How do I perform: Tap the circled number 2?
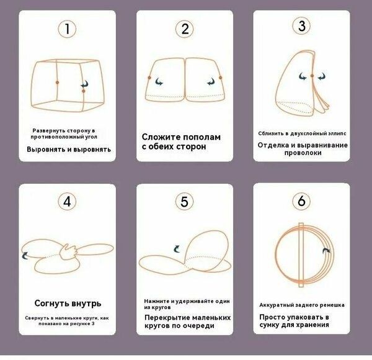point(184,29)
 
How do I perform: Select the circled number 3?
point(302,25)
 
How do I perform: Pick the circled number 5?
point(184,202)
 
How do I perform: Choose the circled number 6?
point(302,202)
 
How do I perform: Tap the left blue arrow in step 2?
point(160,81)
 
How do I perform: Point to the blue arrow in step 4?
point(26,254)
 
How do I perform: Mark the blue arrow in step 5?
point(178,247)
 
